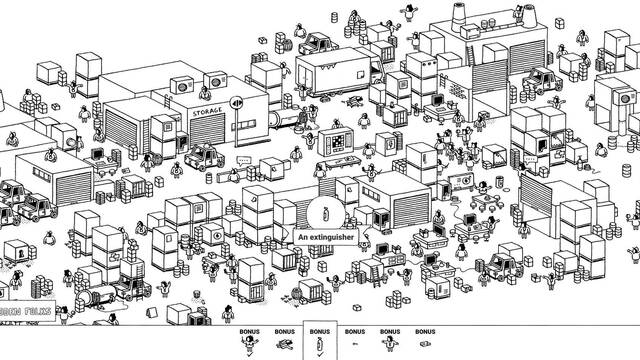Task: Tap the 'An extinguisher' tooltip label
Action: [x=326, y=238]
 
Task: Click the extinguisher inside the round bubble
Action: [x=326, y=211]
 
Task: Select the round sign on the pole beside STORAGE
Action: [x=237, y=102]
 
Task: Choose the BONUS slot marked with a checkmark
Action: [x=320, y=341]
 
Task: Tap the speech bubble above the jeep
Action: [x=243, y=160]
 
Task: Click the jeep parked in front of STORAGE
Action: [x=206, y=156]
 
